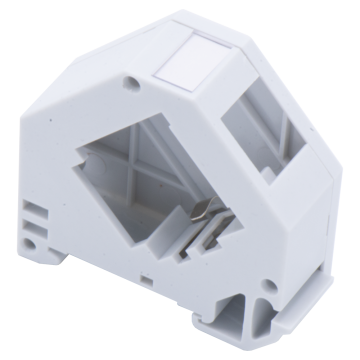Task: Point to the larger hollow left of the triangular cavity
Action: coord(225,310)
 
